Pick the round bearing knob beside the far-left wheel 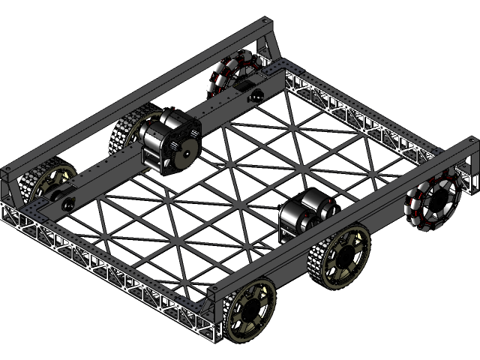pyautogui.click(x=67, y=205)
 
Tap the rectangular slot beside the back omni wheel pyautogui.click(x=243, y=88)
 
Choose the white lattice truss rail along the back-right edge pyautogui.click(x=360, y=120)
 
